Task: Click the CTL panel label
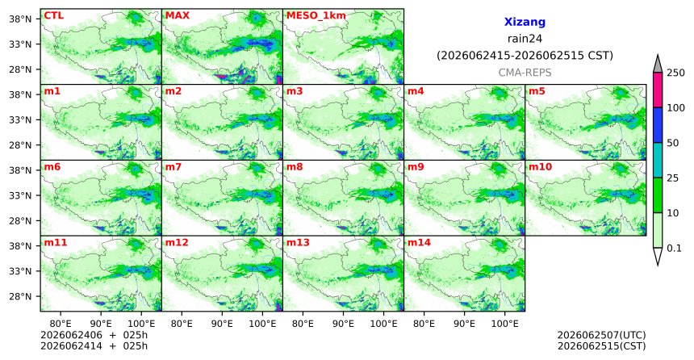[x=53, y=15]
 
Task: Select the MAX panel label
[x=177, y=15]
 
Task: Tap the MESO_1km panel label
[x=316, y=15]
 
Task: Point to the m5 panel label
[x=537, y=91]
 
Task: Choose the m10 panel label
[x=540, y=167]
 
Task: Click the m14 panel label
[x=418, y=243]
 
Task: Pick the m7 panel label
[x=173, y=167]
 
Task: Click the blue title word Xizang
[x=525, y=22]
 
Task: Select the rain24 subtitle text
[x=525, y=39]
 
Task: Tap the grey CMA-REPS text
[x=525, y=72]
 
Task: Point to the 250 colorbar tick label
[x=675, y=73]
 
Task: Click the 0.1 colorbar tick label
[x=674, y=248]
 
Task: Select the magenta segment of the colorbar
[x=657, y=90]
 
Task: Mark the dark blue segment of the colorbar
[x=657, y=125]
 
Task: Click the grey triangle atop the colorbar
[x=657, y=65]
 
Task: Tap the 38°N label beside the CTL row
[x=20, y=19]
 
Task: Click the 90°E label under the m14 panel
[x=464, y=324]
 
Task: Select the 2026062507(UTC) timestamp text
[x=601, y=335]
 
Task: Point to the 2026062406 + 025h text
[x=94, y=335]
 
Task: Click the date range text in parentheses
[x=525, y=56]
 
